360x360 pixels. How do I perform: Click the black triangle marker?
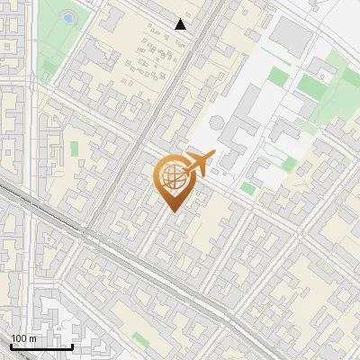(x=181, y=24)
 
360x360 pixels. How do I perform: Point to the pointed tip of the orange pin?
(x=172, y=211)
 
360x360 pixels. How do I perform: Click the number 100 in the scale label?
(x=20, y=338)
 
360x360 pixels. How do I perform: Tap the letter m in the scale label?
(x=32, y=338)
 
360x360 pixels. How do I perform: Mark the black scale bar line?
(x=40, y=346)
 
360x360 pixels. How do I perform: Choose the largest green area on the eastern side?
(x=315, y=85)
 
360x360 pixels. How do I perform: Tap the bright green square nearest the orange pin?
(x=247, y=189)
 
